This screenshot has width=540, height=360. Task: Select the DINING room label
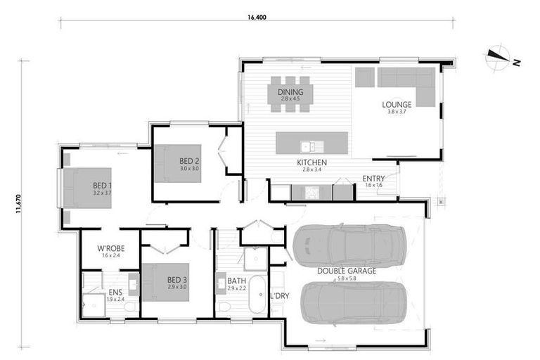click(x=290, y=92)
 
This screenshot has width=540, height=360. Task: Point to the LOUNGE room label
click(x=396, y=105)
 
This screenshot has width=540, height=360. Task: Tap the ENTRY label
click(x=373, y=179)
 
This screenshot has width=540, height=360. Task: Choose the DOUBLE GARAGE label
click(x=347, y=271)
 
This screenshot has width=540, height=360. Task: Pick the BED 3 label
click(x=177, y=280)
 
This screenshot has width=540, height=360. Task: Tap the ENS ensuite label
click(x=115, y=292)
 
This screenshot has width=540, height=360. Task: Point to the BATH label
click(x=236, y=281)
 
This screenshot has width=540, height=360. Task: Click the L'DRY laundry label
click(x=279, y=295)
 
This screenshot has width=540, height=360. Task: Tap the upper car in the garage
click(x=348, y=244)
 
